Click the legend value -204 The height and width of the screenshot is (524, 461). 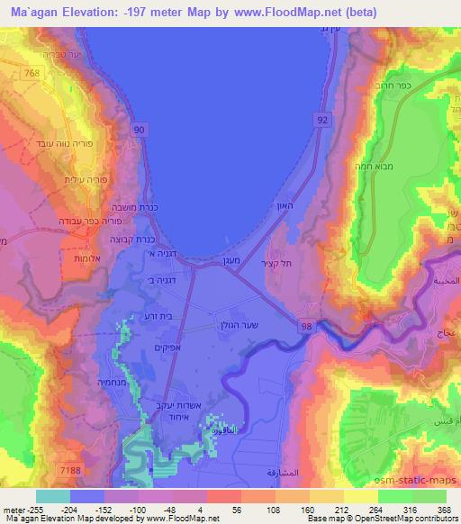87,509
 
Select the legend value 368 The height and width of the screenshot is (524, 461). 443,509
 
